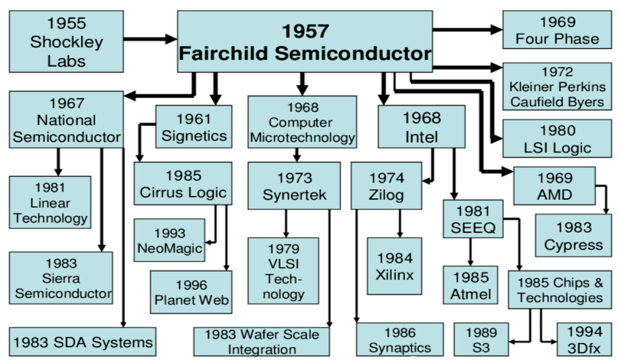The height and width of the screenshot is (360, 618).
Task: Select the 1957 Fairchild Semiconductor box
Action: pos(304,41)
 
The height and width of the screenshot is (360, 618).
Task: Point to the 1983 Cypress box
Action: pos(574,235)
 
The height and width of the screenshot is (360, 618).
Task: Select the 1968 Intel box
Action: pos(420,127)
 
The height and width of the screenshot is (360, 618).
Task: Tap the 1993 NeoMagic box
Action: pos(169,239)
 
